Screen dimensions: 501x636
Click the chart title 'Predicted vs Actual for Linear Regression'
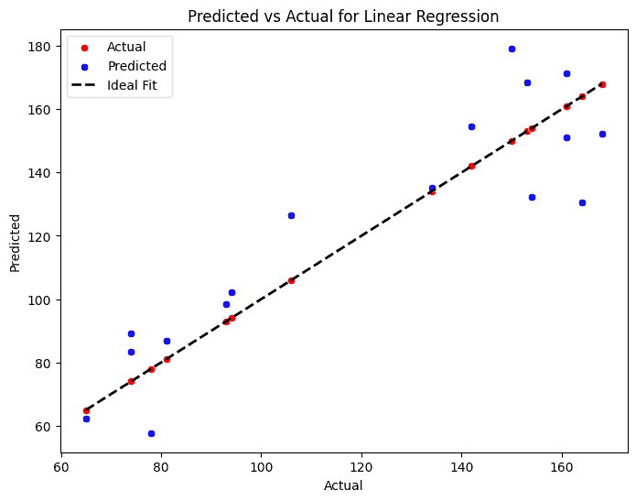pyautogui.click(x=344, y=16)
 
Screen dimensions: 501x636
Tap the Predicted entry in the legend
pyautogui.click(x=136, y=66)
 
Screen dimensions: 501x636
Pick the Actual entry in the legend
pyautogui.click(x=126, y=47)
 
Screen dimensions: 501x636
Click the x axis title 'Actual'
pyautogui.click(x=343, y=485)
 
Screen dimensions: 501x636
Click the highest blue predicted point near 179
pyautogui.click(x=512, y=49)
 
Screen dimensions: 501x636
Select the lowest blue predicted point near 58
pyautogui.click(x=151, y=433)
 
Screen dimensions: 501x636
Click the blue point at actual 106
pyautogui.click(x=291, y=215)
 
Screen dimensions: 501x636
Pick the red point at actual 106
pyautogui.click(x=291, y=280)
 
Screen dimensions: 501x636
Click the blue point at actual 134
pyautogui.click(x=432, y=188)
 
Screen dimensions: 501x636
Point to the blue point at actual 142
pyautogui.click(x=471, y=126)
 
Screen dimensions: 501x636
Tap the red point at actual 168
pyautogui.click(x=602, y=84)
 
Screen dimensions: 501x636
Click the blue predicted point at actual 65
pyautogui.click(x=86, y=419)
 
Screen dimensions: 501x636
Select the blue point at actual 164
pyautogui.click(x=582, y=202)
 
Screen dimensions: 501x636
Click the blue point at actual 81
pyautogui.click(x=167, y=341)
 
